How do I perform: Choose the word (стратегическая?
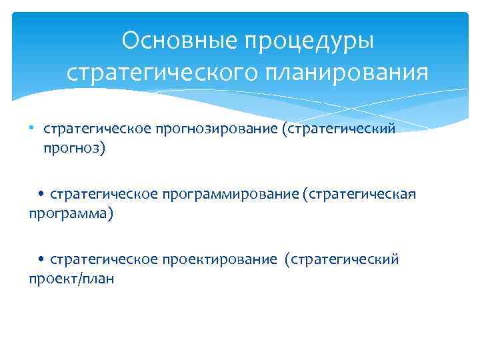360,194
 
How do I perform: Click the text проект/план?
71,279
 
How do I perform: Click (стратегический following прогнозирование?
339,128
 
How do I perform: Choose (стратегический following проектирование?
342,259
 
